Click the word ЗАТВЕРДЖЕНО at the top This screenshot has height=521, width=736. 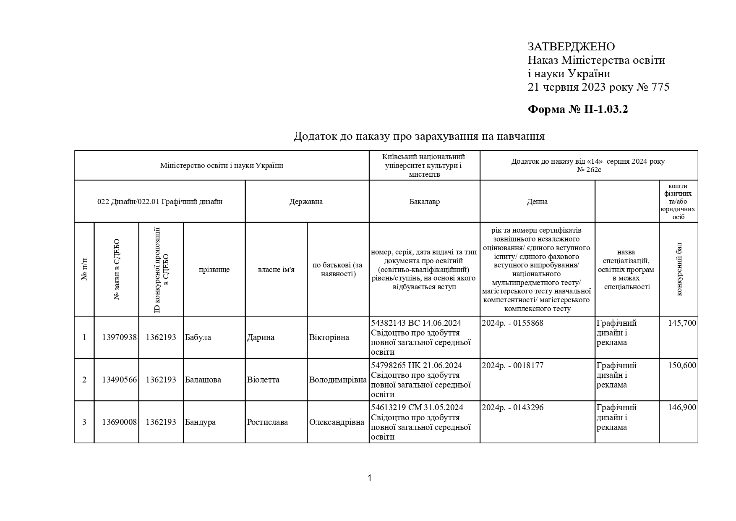point(571,47)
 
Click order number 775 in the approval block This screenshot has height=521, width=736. point(660,87)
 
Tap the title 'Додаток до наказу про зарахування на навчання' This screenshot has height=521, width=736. point(419,136)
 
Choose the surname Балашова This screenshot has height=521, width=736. point(203,380)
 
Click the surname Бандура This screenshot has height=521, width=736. point(200,422)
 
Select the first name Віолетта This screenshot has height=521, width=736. point(263,380)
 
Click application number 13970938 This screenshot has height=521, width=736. point(119,338)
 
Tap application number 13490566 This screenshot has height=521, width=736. point(119,380)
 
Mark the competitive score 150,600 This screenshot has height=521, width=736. point(682,366)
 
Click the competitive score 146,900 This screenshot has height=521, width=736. point(682,408)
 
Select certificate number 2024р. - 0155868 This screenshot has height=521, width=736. point(512,323)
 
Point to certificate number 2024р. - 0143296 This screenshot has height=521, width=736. point(512,408)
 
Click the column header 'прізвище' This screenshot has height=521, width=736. point(214,270)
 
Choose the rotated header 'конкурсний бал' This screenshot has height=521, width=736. point(679,269)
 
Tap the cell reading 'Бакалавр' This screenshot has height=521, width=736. point(424,202)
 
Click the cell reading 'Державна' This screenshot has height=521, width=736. point(306,202)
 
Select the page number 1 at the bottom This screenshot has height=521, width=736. point(369,478)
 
